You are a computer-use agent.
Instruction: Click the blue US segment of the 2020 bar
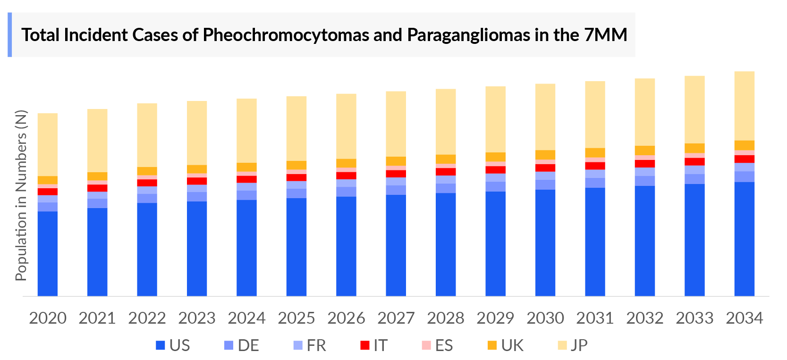[x=48, y=253]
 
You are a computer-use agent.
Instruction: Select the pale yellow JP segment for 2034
[x=744, y=106]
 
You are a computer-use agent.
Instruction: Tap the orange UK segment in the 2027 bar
[x=396, y=161]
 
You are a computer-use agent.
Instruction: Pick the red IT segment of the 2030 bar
[x=545, y=168]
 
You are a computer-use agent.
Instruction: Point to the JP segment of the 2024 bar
[x=246, y=130]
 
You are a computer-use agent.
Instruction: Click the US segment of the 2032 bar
[x=644, y=241]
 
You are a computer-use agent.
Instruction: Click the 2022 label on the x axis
[x=147, y=318]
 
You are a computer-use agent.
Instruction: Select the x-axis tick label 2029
[x=495, y=318]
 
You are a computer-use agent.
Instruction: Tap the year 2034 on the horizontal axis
[x=744, y=318]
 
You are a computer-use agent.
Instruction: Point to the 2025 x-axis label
[x=296, y=318]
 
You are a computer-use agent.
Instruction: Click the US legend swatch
[x=161, y=345]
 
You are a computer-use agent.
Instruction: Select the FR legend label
[x=316, y=345]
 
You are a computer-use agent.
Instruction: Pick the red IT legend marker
[x=364, y=345]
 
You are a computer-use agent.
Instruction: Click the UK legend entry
[x=506, y=345]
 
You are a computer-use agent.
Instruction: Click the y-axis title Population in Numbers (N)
[x=21, y=195]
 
